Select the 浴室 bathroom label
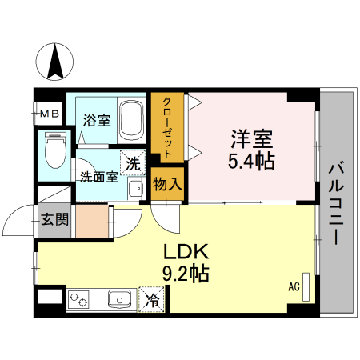click(96, 122)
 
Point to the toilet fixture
click(55, 150)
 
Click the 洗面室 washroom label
click(99, 178)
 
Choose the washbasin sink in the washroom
click(135, 188)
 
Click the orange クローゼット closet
click(168, 128)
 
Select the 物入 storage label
click(167, 183)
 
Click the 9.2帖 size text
click(186, 274)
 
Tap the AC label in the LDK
click(293, 286)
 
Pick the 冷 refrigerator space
click(150, 302)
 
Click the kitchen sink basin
click(121, 301)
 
